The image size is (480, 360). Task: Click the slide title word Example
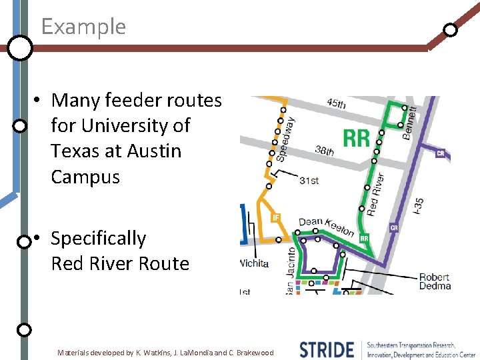83,27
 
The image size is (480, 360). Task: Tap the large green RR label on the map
356,138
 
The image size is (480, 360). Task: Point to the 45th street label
337,104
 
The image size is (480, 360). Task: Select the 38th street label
325,151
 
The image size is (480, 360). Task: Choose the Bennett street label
411,122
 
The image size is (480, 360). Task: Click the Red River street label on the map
375,194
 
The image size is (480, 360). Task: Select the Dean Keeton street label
327,227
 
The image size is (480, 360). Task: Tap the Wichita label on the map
254,263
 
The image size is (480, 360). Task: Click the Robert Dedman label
435,281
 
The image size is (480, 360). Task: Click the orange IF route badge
275,217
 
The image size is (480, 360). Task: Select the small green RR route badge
365,238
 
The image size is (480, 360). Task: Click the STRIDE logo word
327,349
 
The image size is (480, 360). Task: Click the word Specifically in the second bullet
98,238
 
